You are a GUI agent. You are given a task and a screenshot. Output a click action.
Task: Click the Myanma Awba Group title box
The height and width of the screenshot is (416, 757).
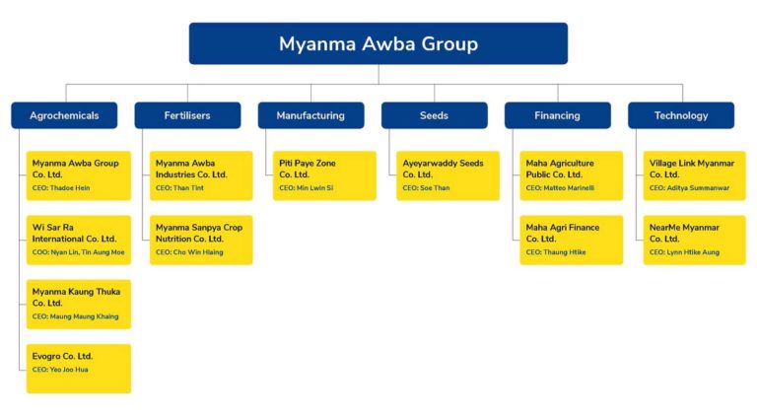[378, 43]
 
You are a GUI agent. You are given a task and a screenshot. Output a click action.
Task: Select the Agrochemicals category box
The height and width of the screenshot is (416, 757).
[64, 115]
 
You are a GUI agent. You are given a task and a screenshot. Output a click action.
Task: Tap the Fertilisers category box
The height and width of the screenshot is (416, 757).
[187, 115]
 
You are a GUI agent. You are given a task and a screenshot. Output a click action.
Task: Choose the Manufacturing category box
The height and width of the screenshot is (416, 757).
[310, 115]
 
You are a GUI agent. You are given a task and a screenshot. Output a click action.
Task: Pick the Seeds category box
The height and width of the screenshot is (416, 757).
[434, 115]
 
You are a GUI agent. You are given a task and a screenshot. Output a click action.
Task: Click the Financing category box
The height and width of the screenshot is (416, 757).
[557, 115]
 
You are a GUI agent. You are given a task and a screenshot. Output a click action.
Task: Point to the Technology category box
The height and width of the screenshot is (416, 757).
[680, 115]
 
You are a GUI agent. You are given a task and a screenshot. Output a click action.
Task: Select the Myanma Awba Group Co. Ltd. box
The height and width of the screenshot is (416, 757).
[79, 174]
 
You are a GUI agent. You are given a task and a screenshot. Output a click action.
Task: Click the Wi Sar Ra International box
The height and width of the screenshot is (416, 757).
[79, 240]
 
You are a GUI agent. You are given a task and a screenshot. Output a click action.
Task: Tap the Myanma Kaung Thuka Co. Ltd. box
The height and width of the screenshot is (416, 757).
[79, 304]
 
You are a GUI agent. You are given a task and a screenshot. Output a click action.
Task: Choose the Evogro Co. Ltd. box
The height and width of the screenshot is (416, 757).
[79, 368]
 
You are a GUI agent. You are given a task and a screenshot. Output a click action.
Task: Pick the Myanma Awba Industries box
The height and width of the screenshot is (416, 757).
[201, 174]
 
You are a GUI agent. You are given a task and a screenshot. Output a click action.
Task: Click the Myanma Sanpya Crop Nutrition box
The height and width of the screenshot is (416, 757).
[201, 240]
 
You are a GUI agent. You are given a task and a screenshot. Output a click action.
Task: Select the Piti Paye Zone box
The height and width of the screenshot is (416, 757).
[324, 174]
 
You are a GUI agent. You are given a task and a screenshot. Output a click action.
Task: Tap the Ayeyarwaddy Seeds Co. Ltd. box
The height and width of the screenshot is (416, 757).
[447, 174]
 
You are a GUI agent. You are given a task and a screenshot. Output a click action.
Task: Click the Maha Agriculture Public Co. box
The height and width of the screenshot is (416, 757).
[571, 174]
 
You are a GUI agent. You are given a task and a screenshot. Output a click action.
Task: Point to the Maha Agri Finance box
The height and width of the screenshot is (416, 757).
[571, 240]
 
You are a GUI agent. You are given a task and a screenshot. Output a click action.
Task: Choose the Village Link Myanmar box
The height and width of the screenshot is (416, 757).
[694, 174]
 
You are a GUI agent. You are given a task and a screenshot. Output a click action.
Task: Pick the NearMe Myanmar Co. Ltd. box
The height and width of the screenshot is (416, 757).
[694, 240]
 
